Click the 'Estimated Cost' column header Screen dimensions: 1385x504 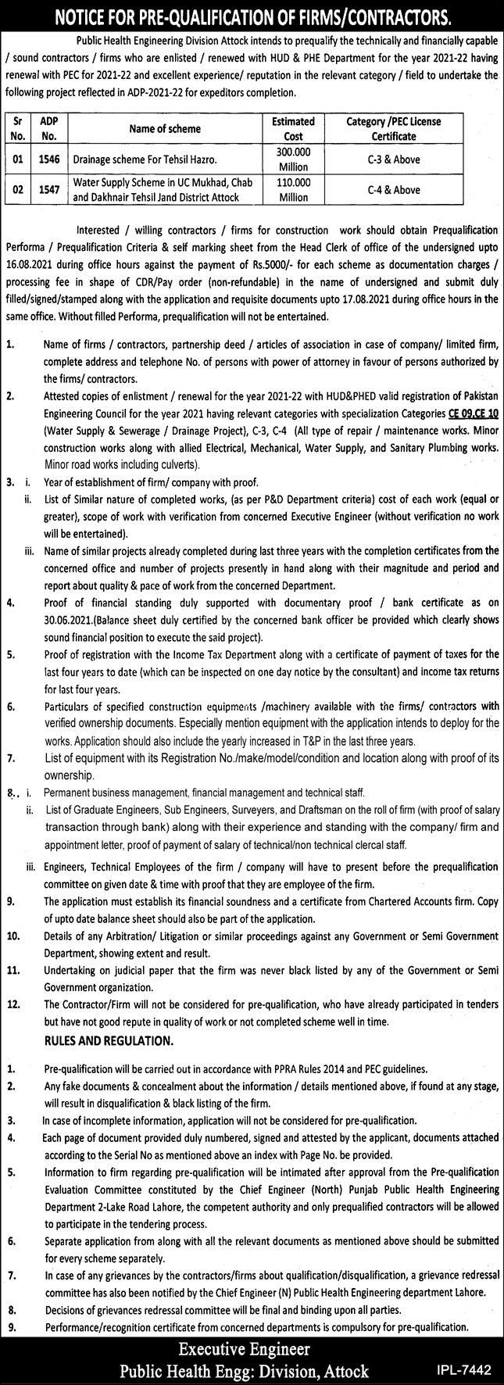click(x=293, y=128)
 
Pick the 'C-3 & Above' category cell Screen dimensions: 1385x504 click(x=394, y=159)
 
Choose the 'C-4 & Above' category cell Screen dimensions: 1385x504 click(x=394, y=190)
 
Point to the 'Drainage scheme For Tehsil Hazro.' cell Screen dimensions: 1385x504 click(x=135, y=159)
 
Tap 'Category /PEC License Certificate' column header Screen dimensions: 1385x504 click(x=394, y=128)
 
